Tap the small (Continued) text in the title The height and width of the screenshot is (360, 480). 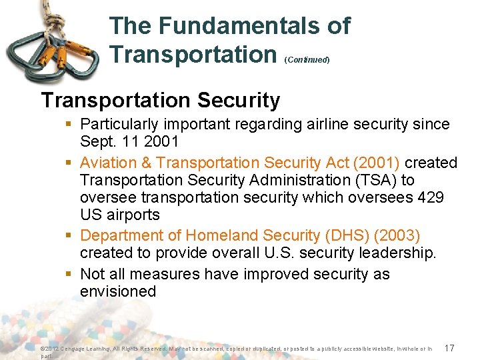(307, 59)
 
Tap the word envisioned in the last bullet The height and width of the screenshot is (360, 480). (118, 291)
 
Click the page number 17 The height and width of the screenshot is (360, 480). (449, 348)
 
